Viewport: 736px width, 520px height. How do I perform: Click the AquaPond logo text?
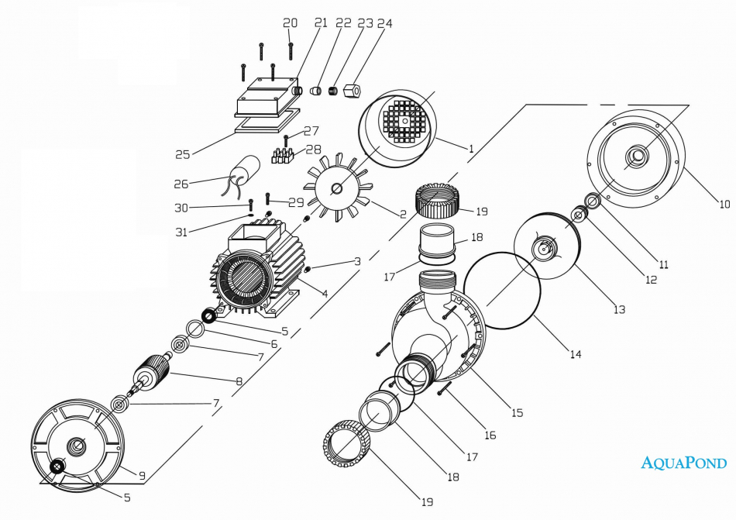click(684, 463)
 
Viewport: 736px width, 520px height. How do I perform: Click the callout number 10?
click(724, 205)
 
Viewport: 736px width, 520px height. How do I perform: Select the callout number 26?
click(181, 184)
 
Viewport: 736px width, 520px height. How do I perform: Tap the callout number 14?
click(575, 354)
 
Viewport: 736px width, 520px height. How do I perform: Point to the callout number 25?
click(182, 154)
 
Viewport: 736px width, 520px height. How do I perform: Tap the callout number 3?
click(357, 261)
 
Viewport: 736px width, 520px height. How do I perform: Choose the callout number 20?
click(290, 23)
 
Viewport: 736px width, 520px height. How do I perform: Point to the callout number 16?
click(490, 436)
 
